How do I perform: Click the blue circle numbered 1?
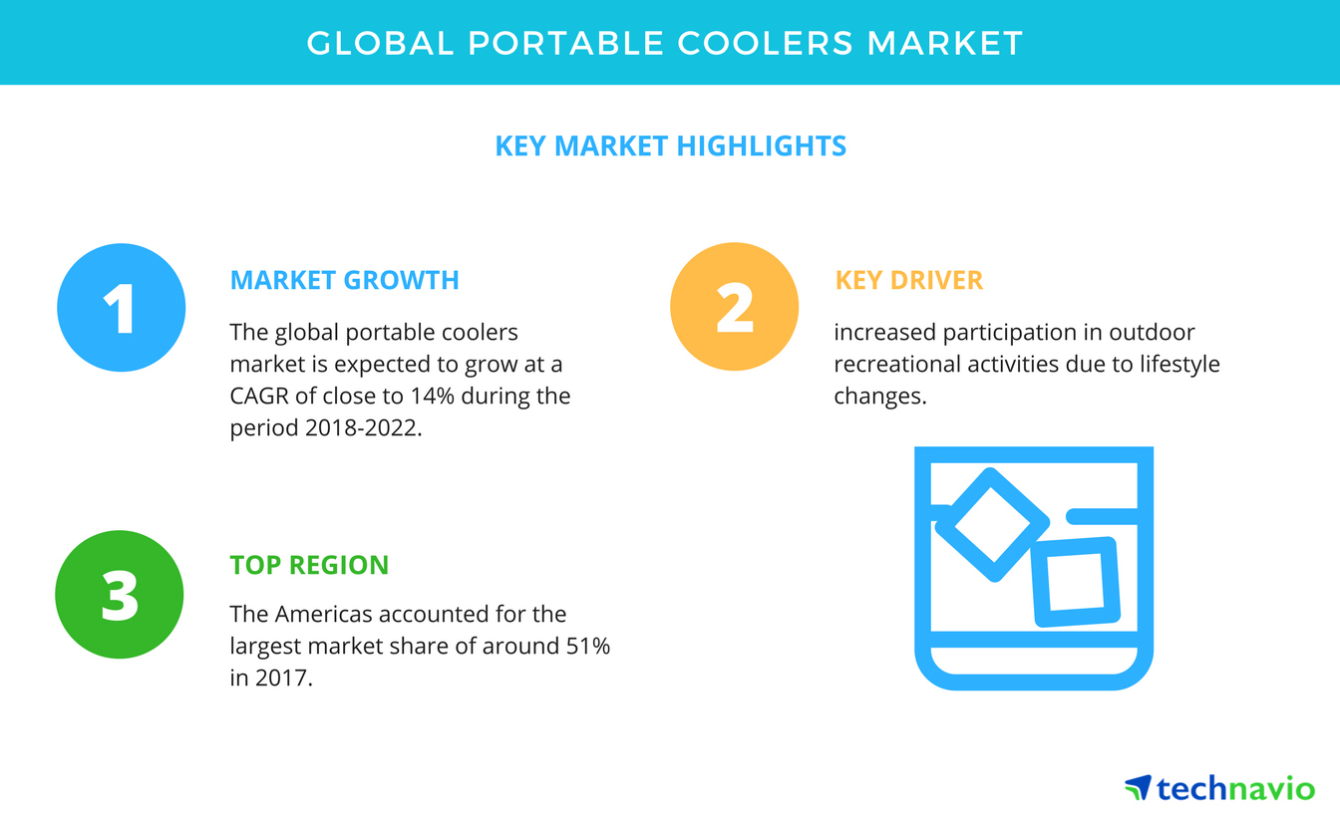tap(121, 308)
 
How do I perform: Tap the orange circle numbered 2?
tap(734, 308)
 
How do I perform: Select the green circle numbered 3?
tap(120, 595)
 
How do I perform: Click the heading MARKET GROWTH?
tap(344, 281)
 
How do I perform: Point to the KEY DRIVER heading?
tap(908, 281)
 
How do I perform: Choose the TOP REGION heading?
tap(309, 566)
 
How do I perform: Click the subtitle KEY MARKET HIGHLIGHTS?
tap(670, 146)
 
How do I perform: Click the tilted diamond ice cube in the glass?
tap(992, 524)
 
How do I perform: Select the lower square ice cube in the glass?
tap(1075, 582)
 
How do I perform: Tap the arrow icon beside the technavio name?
tap(1138, 788)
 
